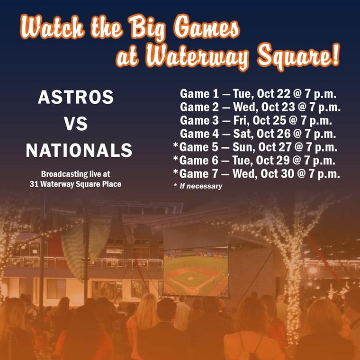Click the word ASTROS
tap(76, 97)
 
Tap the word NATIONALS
tap(79, 150)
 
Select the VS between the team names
tap(76, 124)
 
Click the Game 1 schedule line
tap(258, 94)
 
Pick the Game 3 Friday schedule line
tap(256, 120)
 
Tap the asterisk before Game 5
tap(176, 145)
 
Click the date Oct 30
tap(277, 174)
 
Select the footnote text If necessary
tap(201, 186)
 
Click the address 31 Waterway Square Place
tap(75, 184)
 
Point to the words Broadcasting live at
tap(75, 174)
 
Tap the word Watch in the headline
tap(53, 27)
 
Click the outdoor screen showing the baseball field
tap(196, 271)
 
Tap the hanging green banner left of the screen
tap(86, 249)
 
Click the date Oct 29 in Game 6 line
tap(273, 161)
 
